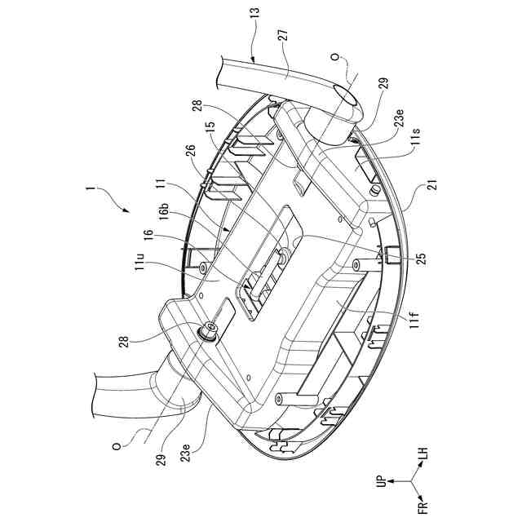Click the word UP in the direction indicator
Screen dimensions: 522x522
point(381,483)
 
